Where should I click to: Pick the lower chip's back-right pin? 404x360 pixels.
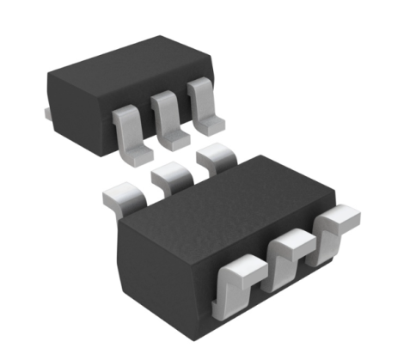(216, 160)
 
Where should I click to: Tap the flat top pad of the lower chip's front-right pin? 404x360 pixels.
(339, 215)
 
